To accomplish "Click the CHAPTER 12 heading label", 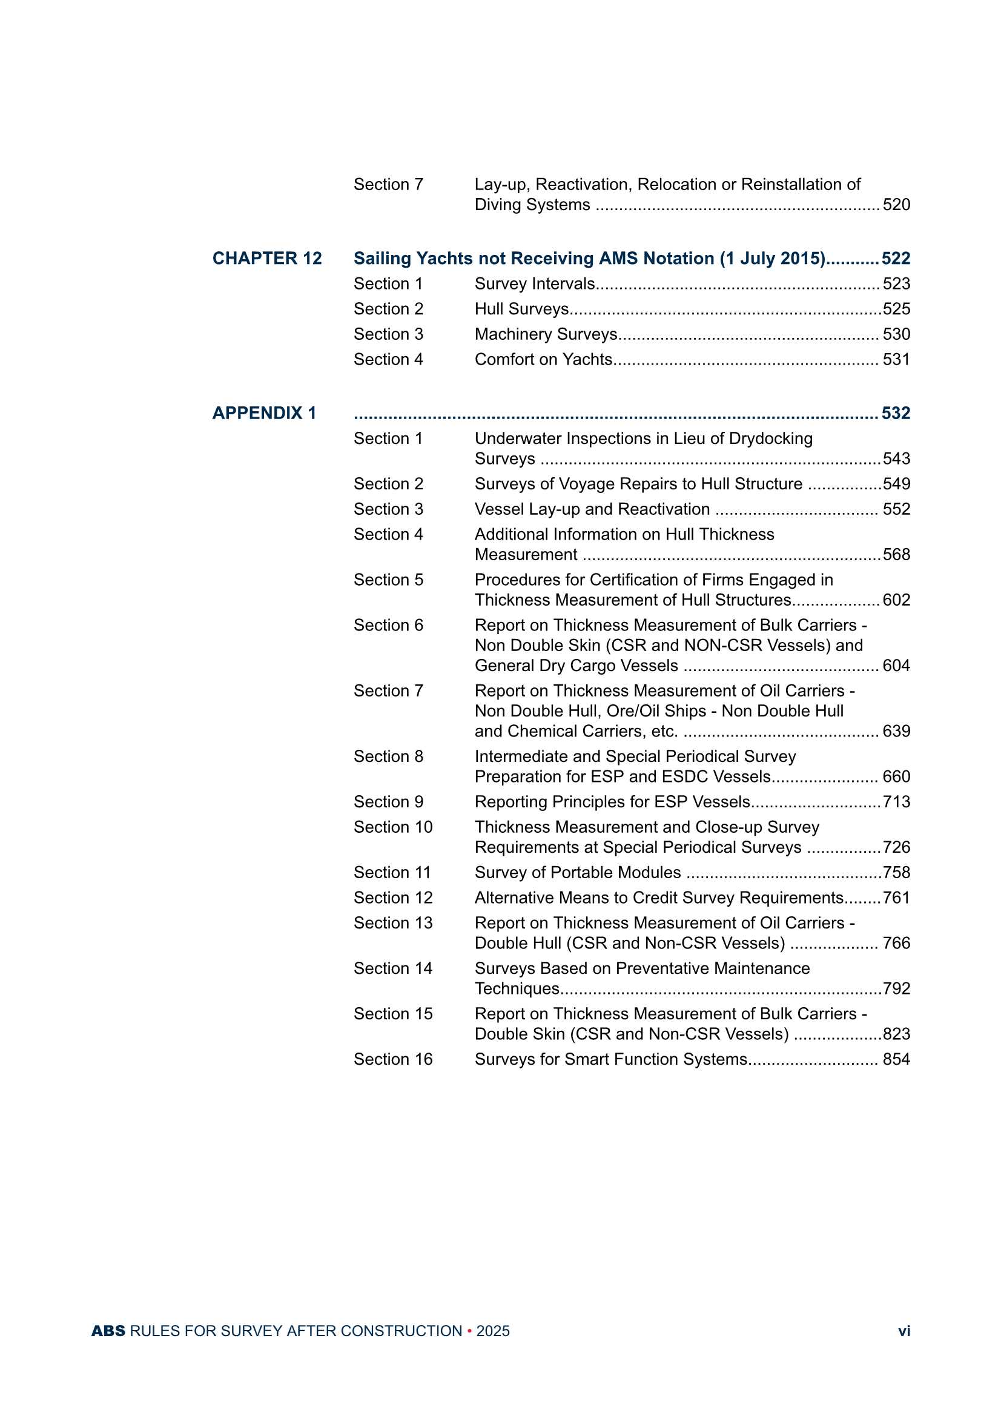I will click(x=266, y=259).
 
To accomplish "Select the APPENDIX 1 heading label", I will click(x=264, y=413).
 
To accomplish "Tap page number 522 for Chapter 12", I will click(x=896, y=259).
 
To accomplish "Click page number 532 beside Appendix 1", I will click(x=896, y=413).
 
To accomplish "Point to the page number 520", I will click(x=896, y=205).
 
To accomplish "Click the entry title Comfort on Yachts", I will click(x=543, y=360).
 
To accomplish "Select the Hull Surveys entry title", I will click(x=521, y=309).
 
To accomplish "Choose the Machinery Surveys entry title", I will click(x=545, y=334).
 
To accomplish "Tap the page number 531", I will click(x=896, y=360).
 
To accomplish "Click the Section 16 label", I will click(x=393, y=1059).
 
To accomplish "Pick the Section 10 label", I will click(x=393, y=827).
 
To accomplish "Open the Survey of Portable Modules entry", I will click(x=577, y=873).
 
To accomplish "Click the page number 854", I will click(x=896, y=1059).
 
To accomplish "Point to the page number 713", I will click(x=896, y=802).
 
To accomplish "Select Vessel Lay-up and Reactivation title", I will click(x=592, y=509).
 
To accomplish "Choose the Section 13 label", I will click(x=393, y=923).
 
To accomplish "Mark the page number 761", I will click(x=896, y=898).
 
